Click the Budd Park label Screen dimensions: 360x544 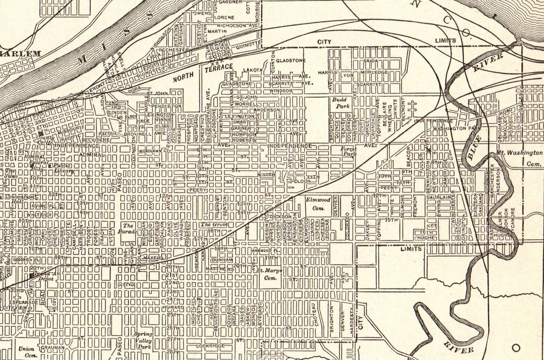coord(341,103)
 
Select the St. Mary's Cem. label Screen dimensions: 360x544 coord(270,274)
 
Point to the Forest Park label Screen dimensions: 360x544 coord(348,152)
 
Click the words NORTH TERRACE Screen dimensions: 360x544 coord(203,72)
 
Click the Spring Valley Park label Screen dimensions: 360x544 coord(143,337)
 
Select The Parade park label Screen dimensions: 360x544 coord(127,228)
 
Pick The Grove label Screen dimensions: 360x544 coord(213,224)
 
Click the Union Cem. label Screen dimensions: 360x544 coord(26,352)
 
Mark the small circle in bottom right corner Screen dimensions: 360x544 coord(516,347)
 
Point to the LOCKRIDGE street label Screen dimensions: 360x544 coord(210,345)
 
